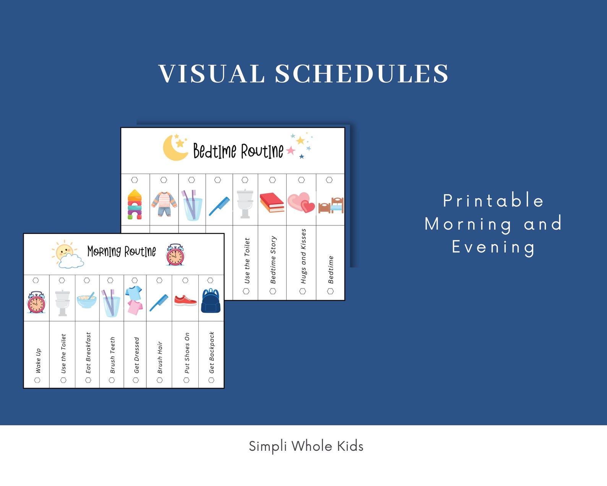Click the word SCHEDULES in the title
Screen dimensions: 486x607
click(x=361, y=73)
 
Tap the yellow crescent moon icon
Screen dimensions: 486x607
click(x=173, y=148)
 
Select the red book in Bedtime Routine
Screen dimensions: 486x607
click(x=272, y=202)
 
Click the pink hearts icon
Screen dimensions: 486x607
click(x=301, y=202)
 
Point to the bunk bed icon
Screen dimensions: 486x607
click(x=331, y=205)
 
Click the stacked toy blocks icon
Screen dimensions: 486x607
click(x=135, y=204)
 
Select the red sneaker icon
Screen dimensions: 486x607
click(x=185, y=300)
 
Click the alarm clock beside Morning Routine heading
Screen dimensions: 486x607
click(x=175, y=255)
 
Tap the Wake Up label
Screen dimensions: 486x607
click(x=38, y=360)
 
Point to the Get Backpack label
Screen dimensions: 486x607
click(x=212, y=352)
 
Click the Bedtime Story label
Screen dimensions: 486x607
click(x=273, y=259)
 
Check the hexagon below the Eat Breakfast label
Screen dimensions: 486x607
click(x=88, y=380)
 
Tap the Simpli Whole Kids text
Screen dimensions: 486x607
click(x=306, y=446)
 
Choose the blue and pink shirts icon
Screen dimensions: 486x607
click(x=134, y=300)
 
